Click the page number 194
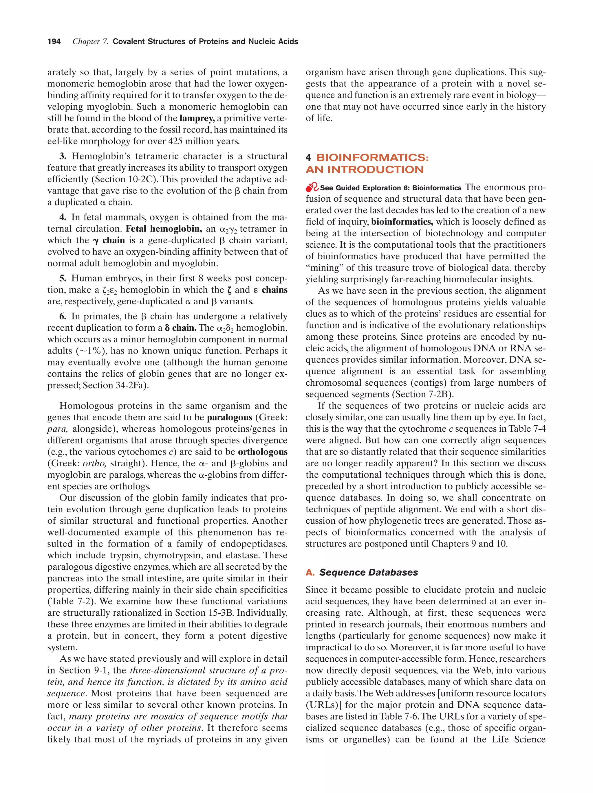click(x=54, y=42)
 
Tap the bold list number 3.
click(x=63, y=156)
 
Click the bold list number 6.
click(x=63, y=317)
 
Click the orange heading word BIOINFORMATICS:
click(x=372, y=158)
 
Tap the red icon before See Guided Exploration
click(x=312, y=187)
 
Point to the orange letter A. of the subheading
click(x=310, y=573)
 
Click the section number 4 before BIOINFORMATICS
click(x=308, y=158)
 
